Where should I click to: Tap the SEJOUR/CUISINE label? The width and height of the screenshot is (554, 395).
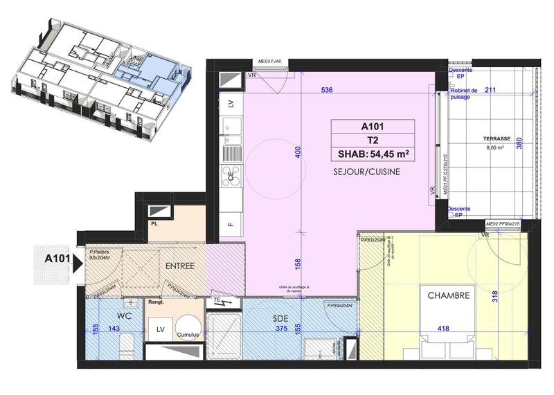366,171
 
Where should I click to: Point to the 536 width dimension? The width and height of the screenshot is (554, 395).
329,91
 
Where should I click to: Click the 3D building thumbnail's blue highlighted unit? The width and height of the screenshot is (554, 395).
132,67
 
